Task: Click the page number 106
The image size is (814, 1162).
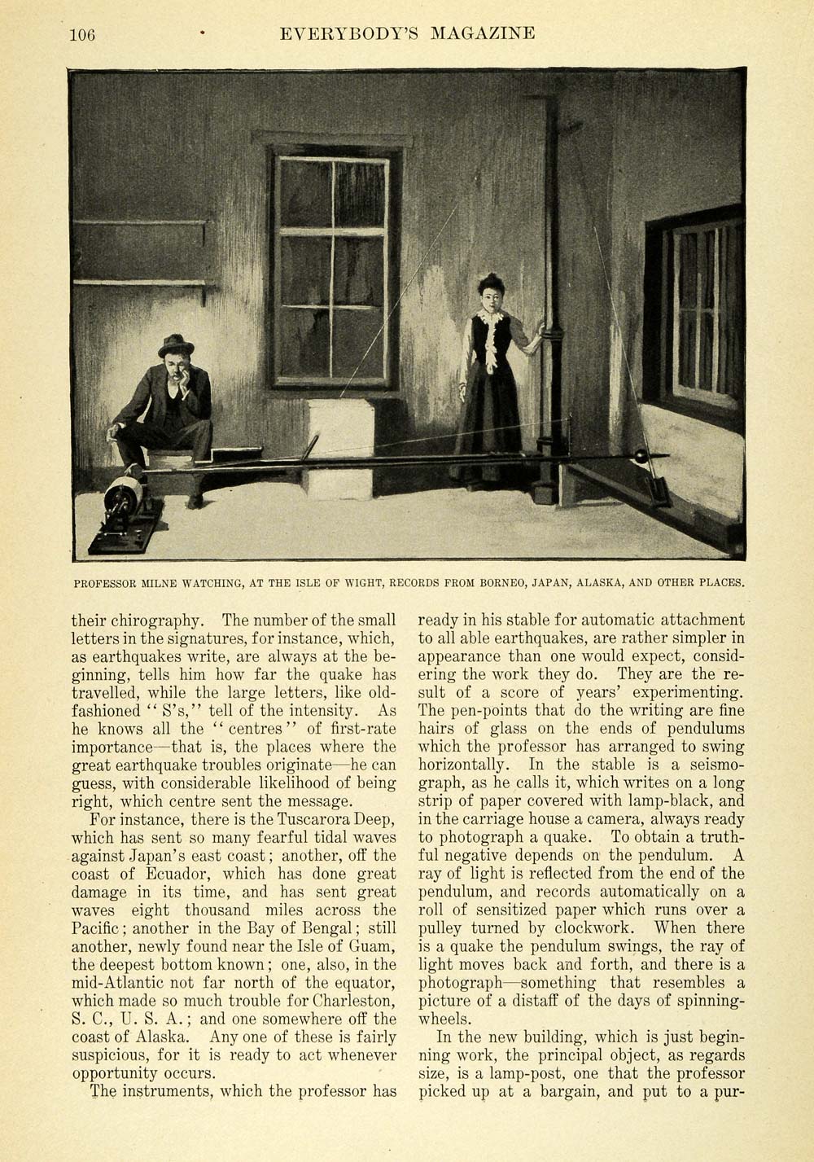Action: pyautogui.click(x=83, y=34)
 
